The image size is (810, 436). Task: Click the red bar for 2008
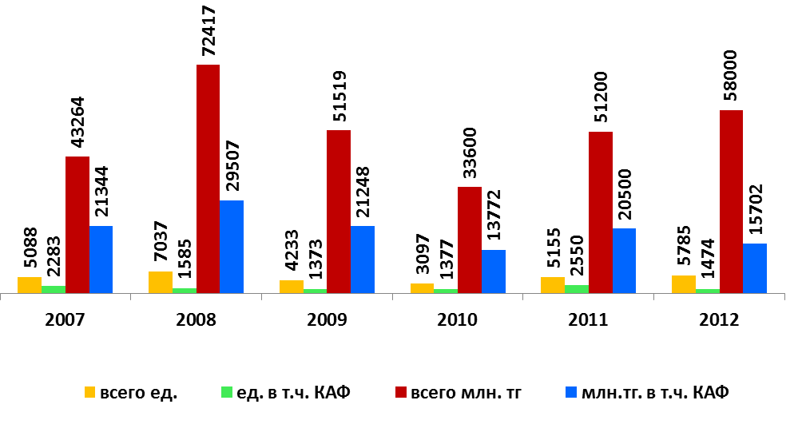[x=208, y=179]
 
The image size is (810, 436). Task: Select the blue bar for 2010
[x=494, y=272]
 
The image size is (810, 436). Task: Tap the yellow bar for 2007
[x=30, y=285]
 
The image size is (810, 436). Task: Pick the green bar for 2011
[x=577, y=289]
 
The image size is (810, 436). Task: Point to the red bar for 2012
[x=731, y=201]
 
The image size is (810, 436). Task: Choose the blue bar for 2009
[x=363, y=260]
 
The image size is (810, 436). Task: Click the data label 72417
[x=208, y=30]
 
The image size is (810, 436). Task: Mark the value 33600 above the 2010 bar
[x=470, y=153]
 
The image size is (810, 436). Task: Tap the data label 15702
[x=755, y=209]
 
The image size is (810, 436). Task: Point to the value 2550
[x=577, y=256]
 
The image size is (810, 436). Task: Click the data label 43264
[x=77, y=122]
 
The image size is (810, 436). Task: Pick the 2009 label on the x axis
[x=327, y=319]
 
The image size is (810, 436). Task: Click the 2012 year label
[x=719, y=319]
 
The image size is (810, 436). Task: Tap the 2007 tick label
[x=65, y=319]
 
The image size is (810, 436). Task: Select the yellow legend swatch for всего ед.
[x=90, y=393]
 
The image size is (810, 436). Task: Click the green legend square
[x=226, y=393]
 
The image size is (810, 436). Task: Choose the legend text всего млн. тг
[x=466, y=393]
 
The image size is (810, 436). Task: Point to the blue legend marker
[x=571, y=393]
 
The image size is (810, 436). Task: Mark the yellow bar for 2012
[x=684, y=284]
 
